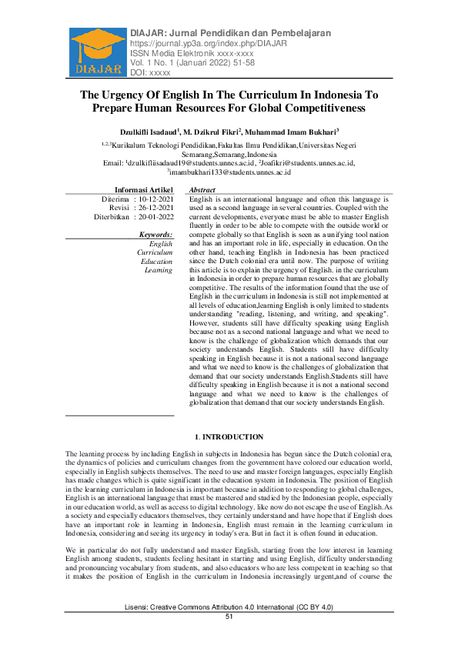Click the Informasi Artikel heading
(x=144, y=189)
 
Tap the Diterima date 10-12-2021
(x=155, y=199)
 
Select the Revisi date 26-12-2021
(x=155, y=208)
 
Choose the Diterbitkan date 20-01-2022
(x=155, y=217)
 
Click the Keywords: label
(x=155, y=234)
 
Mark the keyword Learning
(x=159, y=270)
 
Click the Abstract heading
(x=202, y=189)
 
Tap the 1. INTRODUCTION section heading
(x=229, y=437)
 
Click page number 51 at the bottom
(x=229, y=639)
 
